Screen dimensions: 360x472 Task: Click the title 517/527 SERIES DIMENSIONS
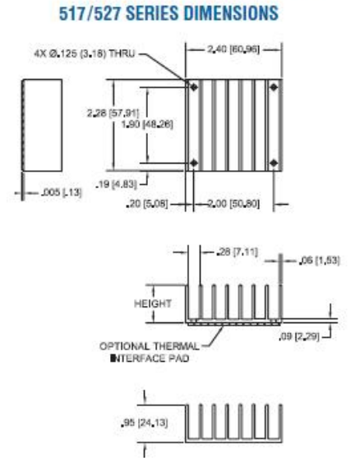tap(168, 14)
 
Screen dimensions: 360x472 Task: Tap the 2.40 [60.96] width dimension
tap(233, 49)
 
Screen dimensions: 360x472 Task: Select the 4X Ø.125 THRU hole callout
tap(85, 54)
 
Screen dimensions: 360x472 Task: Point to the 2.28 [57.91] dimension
tap(113, 113)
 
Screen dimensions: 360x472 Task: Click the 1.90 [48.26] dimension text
tap(147, 124)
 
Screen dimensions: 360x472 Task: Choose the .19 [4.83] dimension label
tap(116, 184)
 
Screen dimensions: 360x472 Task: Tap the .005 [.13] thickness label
tap(62, 192)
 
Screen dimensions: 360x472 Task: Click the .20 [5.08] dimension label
tap(147, 204)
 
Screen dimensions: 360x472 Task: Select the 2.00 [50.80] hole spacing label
tap(233, 204)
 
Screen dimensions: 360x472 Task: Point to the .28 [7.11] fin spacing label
tap(238, 252)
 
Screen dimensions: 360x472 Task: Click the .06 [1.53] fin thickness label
tap(320, 261)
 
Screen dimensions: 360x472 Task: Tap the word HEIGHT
tap(153, 303)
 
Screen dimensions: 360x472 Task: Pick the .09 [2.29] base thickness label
tap(299, 336)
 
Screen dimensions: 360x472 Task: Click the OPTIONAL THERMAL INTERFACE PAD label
tap(150, 352)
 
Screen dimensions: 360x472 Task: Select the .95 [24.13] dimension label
tap(144, 423)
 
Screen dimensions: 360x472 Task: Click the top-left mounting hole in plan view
tap(194, 87)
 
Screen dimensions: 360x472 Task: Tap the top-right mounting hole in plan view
tap(274, 87)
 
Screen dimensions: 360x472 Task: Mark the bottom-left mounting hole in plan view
tap(194, 163)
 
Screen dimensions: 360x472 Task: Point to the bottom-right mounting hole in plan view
tap(274, 163)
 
